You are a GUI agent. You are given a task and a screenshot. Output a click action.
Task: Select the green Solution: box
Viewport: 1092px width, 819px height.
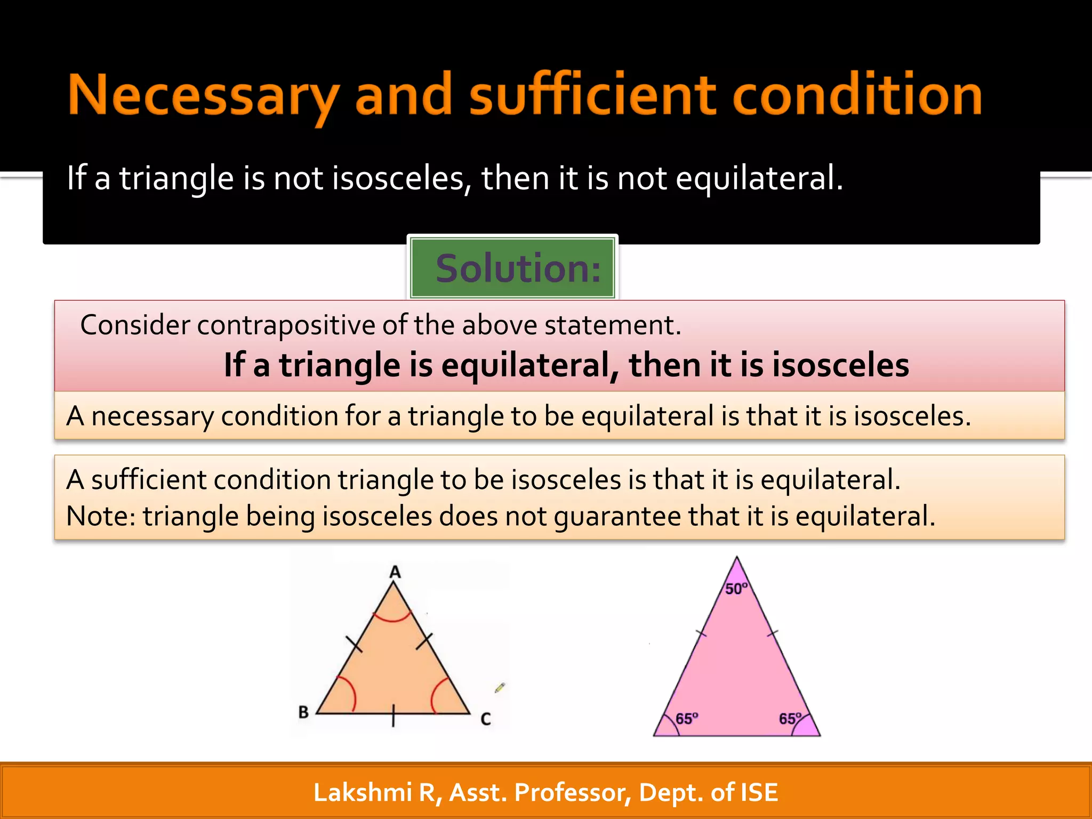pyautogui.click(x=512, y=268)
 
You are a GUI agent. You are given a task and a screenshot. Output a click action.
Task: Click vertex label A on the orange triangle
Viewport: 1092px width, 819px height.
pyautogui.click(x=395, y=572)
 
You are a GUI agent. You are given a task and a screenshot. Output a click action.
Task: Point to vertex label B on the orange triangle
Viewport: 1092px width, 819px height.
pyautogui.click(x=303, y=712)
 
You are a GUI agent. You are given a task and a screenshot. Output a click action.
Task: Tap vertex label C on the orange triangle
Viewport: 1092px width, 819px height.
pyautogui.click(x=486, y=719)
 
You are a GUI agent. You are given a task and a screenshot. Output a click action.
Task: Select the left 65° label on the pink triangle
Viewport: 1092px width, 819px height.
pyautogui.click(x=687, y=719)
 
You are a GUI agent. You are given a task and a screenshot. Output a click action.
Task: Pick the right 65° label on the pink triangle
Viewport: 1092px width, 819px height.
pyautogui.click(x=790, y=719)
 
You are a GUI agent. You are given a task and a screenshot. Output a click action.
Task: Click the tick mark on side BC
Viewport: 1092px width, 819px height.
pyautogui.click(x=394, y=715)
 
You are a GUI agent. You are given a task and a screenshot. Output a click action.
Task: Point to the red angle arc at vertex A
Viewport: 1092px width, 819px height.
pyautogui.click(x=392, y=619)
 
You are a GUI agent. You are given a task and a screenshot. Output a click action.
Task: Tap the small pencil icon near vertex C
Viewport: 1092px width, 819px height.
pyautogui.click(x=500, y=688)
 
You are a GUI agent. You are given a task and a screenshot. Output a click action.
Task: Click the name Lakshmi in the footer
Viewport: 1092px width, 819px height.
pyautogui.click(x=363, y=792)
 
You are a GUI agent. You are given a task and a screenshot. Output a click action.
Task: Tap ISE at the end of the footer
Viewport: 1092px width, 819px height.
pyautogui.click(x=759, y=792)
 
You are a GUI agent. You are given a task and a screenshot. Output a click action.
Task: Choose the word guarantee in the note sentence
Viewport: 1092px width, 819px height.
pyautogui.click(x=617, y=516)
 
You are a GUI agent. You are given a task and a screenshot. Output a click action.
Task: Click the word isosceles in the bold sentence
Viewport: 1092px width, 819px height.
pyautogui.click(x=841, y=365)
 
